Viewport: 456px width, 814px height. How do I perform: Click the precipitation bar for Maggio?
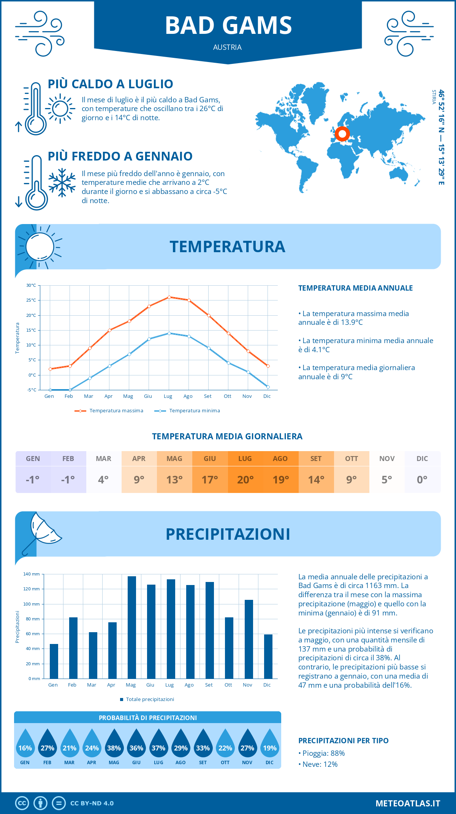click(x=132, y=628)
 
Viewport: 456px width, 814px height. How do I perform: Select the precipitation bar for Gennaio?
click(x=54, y=661)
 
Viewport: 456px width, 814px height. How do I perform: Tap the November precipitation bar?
click(x=249, y=639)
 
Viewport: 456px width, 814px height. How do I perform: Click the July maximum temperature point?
click(x=169, y=297)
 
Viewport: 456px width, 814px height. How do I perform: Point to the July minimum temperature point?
click(x=169, y=333)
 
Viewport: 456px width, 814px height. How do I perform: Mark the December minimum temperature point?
click(x=268, y=387)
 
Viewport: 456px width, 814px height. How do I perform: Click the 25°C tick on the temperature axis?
click(x=31, y=300)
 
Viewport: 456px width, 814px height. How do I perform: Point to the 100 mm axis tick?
click(x=32, y=604)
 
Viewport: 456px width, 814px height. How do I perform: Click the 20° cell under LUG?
click(x=245, y=479)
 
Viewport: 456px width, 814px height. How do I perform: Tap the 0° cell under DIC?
click(x=422, y=479)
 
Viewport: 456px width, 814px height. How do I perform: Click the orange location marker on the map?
click(x=342, y=134)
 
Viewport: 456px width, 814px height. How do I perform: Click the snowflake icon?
click(x=62, y=183)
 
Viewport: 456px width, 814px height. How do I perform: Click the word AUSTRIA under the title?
click(x=227, y=47)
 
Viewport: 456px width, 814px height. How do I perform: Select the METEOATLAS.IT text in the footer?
click(x=408, y=803)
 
